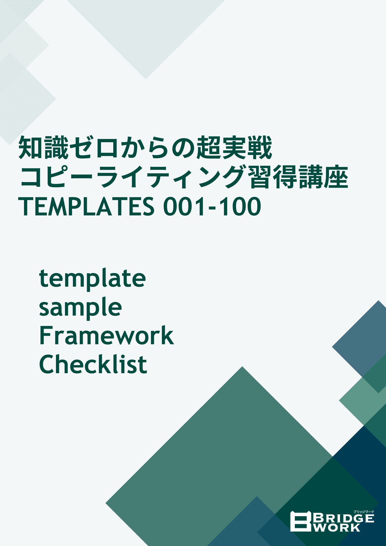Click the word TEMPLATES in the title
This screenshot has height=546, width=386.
pyautogui.click(x=86, y=206)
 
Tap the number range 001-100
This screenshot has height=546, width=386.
pyautogui.click(x=212, y=206)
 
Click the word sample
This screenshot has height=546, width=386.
pyautogui.click(x=80, y=307)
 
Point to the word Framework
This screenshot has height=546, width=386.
pyautogui.click(x=106, y=336)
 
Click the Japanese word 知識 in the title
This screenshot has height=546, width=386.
pyautogui.click(x=43, y=148)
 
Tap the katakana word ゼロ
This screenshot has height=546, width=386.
pyautogui.click(x=94, y=148)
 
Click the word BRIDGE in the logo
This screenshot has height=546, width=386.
pyautogui.click(x=343, y=518)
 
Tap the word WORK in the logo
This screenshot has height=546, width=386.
pyautogui.click(x=337, y=528)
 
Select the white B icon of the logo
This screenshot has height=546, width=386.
pyautogui.click(x=301, y=521)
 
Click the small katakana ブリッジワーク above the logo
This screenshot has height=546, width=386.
pyautogui.click(x=364, y=511)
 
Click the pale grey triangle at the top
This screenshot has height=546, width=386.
pyautogui.click(x=146, y=33)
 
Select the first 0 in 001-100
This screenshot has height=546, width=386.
pyautogui.click(x=171, y=206)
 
